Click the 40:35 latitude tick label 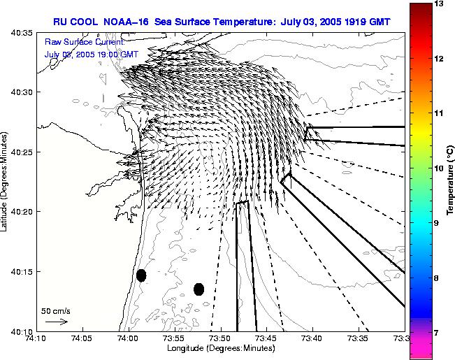[22, 32]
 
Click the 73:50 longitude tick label [220, 338]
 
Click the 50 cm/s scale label [56, 310]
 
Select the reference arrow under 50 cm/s [56, 322]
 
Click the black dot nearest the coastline [141, 275]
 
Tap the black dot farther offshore [198, 289]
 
